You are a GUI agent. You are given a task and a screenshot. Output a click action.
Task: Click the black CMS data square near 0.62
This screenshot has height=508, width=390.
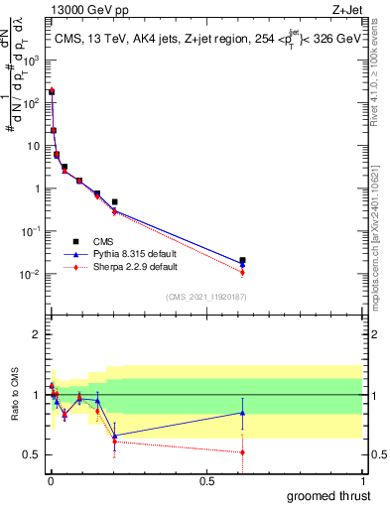[x=242, y=260]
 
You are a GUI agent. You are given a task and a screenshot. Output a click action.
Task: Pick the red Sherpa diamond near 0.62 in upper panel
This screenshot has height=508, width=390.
[x=242, y=272]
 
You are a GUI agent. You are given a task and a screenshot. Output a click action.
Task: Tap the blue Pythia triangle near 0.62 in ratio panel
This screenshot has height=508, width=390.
[x=242, y=413]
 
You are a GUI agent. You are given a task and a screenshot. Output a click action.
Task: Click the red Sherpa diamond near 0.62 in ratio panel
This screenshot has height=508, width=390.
[x=242, y=452]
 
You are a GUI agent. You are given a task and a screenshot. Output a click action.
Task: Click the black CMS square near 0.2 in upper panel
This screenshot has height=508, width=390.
[x=115, y=201]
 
